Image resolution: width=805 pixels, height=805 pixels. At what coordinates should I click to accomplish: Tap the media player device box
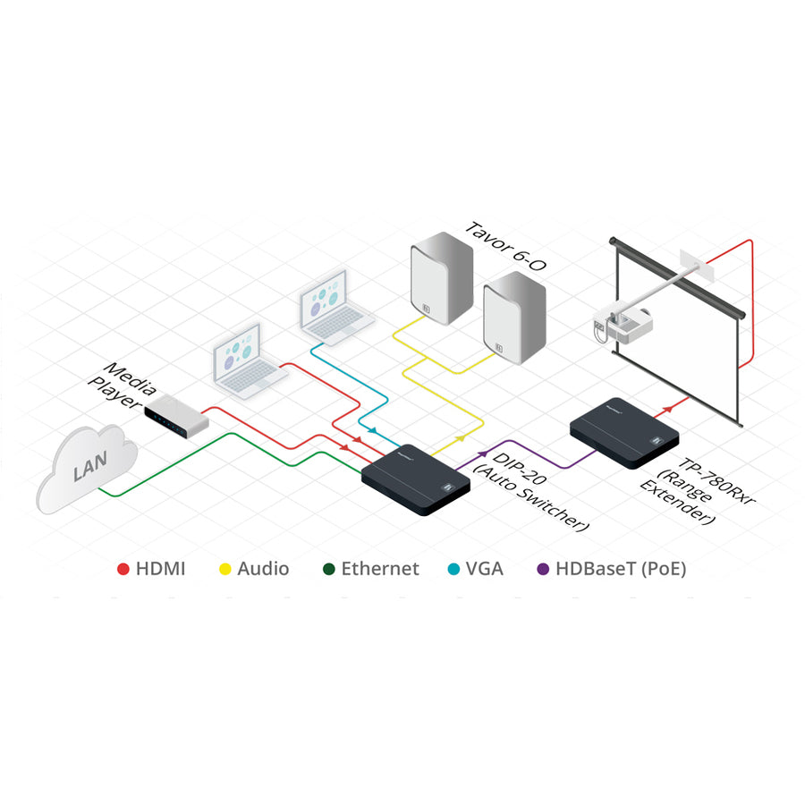pos(176,418)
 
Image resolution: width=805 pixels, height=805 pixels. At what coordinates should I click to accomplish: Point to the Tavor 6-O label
pos(503,241)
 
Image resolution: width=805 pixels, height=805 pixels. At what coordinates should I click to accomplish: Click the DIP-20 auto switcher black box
pos(416,479)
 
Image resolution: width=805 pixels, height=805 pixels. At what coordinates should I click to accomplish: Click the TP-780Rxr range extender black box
pos(624,431)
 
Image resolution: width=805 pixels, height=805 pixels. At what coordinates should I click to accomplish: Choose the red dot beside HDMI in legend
pos(123,569)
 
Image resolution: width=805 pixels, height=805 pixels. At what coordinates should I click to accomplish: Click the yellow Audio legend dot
pos(225,569)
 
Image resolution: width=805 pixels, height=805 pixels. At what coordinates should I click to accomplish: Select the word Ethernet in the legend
pos(379,569)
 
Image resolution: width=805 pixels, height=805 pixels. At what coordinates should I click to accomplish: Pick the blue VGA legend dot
pos(450,569)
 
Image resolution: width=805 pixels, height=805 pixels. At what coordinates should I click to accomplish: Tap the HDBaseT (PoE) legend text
pos(621,569)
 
